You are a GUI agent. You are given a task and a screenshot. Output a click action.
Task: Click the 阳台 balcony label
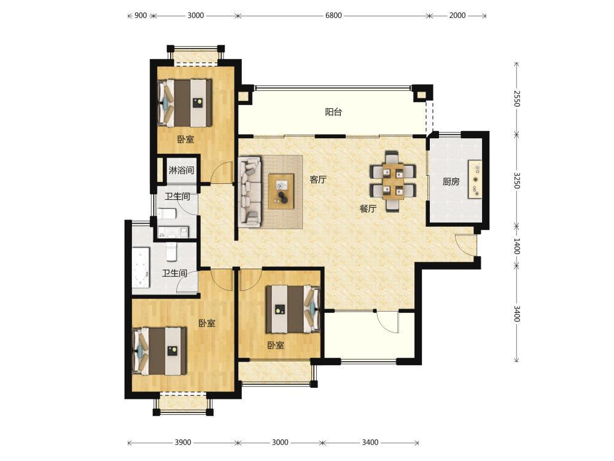[x=333, y=112]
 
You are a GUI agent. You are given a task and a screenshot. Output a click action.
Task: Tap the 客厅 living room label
[x=318, y=179]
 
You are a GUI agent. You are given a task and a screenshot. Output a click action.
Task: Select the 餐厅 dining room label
[x=368, y=209]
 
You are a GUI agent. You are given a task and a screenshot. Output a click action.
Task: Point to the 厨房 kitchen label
[x=451, y=181]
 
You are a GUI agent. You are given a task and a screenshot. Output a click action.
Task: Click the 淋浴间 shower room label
[x=181, y=170]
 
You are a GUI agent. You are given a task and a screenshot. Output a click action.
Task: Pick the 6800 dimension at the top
[x=333, y=15]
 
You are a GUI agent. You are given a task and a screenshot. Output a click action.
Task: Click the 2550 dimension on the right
[x=517, y=98]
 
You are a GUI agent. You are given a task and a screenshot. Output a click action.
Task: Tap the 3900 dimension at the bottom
[x=183, y=442]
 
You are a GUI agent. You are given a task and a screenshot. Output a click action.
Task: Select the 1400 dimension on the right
[x=517, y=246]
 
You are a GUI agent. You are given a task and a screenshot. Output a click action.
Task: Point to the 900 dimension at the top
[x=141, y=15]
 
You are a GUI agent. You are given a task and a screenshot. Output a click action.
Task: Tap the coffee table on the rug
[x=281, y=191]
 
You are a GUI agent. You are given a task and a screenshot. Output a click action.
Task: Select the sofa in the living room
[x=249, y=192]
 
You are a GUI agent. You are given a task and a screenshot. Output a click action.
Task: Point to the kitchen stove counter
[x=475, y=179]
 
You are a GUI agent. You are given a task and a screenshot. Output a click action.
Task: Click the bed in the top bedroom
[x=185, y=103]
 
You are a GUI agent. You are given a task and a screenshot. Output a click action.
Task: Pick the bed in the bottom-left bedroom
[x=160, y=351]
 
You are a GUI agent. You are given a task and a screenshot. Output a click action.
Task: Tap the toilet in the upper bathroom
[x=167, y=214]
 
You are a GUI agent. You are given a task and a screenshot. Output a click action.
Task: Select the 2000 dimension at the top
[x=457, y=15]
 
